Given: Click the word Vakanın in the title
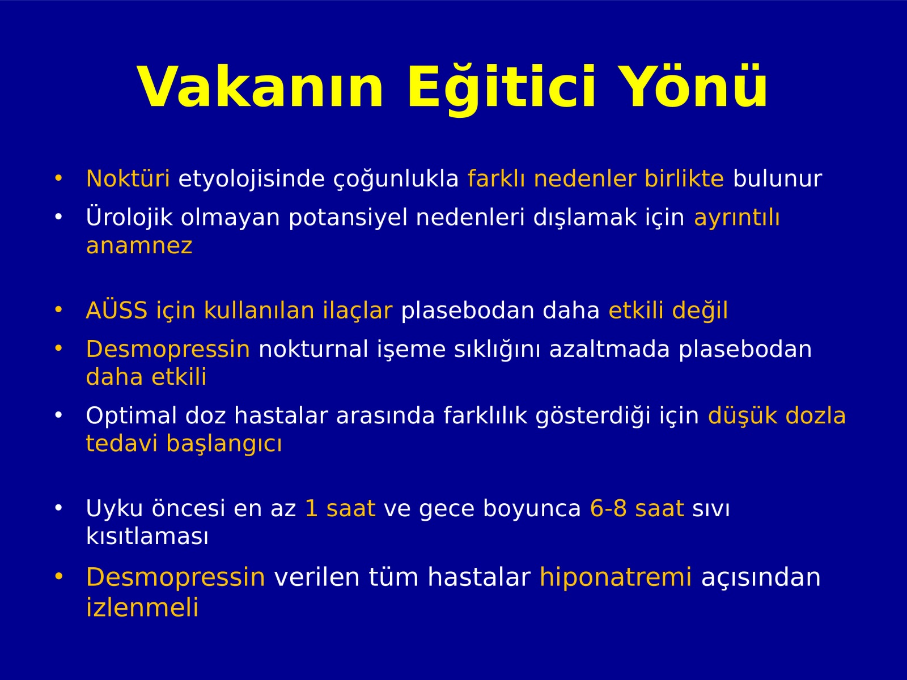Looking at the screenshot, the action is pos(261,87).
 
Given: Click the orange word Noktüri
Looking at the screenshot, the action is pos(128,178).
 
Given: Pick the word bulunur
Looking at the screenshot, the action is pos(777,178).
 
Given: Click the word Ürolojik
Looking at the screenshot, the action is pos(129,218).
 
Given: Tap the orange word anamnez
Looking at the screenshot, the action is pos(139,246).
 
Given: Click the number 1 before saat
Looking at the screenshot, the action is pos(311,508).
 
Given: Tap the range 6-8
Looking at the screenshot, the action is pos(608,508).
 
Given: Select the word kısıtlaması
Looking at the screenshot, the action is pos(147,536).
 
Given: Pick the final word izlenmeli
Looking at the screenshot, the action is pos(142,607).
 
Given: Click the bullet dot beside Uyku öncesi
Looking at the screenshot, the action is pos(58,508).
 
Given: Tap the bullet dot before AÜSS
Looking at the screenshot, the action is pos(58,309).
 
